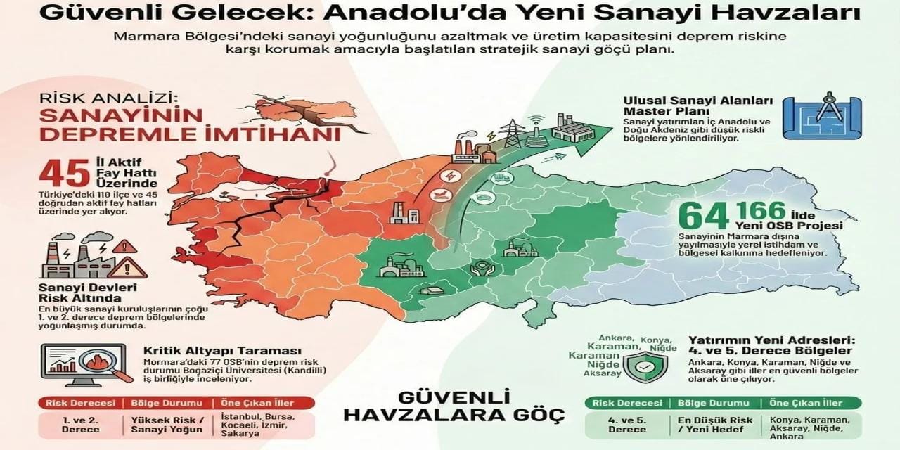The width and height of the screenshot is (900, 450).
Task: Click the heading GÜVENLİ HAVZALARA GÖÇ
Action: click(454, 406)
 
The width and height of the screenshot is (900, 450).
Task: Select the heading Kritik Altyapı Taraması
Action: click(222, 351)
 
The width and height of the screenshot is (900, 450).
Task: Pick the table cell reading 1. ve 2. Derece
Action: click(80, 424)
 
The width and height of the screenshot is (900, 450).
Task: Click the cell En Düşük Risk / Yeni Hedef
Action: click(709, 424)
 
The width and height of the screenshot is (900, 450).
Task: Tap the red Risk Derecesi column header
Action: click(80, 403)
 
